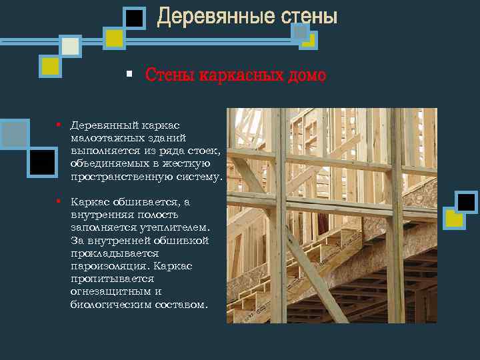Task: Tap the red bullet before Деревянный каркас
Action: click(59, 124)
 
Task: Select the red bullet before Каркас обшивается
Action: click(59, 200)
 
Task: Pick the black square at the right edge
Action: click(466, 202)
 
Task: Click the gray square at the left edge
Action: click(14, 133)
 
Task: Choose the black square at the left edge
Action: click(43, 162)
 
